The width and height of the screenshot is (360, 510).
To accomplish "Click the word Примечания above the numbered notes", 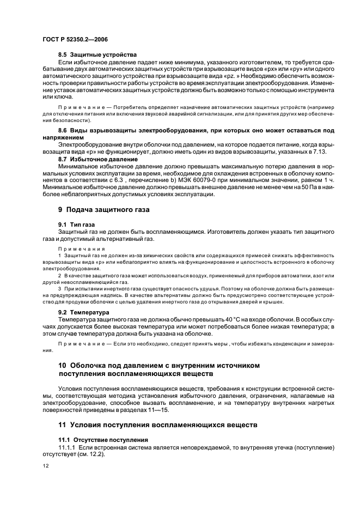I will click(x=77, y=247).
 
